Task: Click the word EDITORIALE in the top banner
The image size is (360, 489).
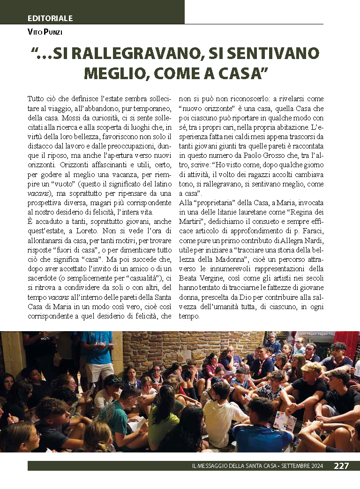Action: tap(50, 18)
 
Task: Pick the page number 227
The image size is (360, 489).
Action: tap(341, 466)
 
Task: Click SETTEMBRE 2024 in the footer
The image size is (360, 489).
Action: tap(305, 466)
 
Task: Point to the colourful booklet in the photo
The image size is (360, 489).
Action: tap(285, 421)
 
